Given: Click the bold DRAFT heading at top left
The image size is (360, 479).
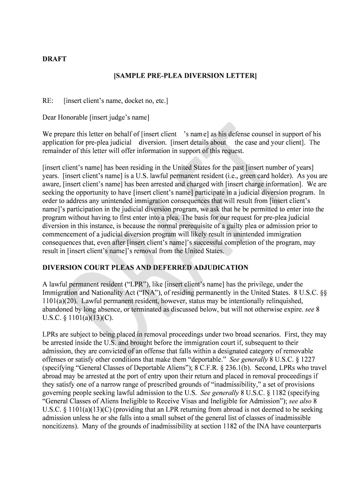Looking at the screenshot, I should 55,59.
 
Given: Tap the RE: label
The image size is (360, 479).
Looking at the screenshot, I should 49,101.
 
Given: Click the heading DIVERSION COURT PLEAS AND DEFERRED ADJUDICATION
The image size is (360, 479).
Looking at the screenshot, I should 145,268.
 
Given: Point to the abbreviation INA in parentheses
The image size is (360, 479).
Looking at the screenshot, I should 155,293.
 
